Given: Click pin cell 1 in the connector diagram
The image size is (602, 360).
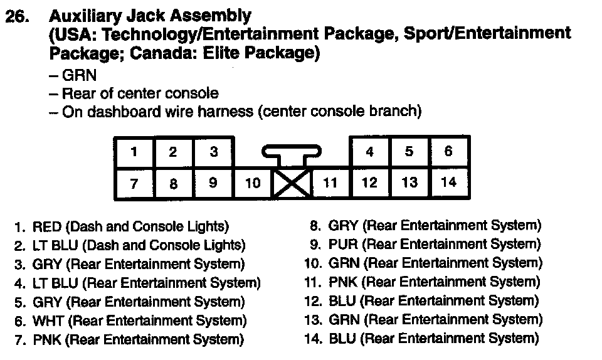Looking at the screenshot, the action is click(134, 152).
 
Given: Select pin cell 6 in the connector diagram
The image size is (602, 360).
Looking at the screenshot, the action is click(448, 152).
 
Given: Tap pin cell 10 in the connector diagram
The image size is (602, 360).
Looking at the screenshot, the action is click(252, 184).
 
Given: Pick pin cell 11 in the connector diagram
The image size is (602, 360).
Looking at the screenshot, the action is click(330, 184).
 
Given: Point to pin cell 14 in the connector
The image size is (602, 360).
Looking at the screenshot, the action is click(448, 183).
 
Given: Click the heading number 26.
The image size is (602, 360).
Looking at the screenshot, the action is click(18, 18).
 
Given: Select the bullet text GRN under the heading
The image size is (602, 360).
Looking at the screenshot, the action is click(79, 75).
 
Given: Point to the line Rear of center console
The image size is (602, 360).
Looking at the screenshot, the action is click(140, 94).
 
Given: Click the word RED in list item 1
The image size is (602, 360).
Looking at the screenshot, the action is click(46, 226).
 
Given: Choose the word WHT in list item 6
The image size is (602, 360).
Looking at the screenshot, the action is click(48, 322).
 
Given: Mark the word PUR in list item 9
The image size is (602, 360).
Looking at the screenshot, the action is click(342, 245).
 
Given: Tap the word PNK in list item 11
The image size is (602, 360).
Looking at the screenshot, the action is click(342, 282).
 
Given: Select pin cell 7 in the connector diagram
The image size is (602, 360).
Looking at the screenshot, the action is click(134, 184).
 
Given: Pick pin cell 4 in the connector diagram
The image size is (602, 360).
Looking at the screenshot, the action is click(369, 152).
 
